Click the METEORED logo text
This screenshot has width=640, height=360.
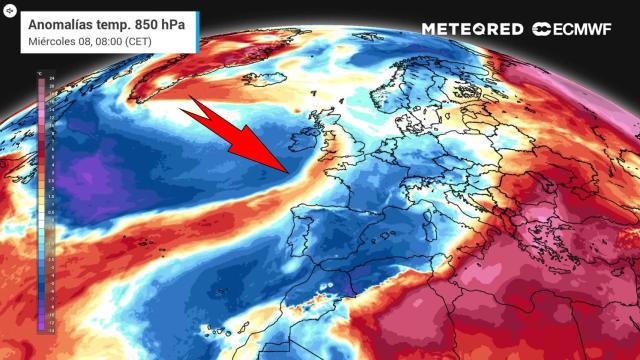pos(473,29)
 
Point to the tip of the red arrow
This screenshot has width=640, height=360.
pos(289,171)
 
